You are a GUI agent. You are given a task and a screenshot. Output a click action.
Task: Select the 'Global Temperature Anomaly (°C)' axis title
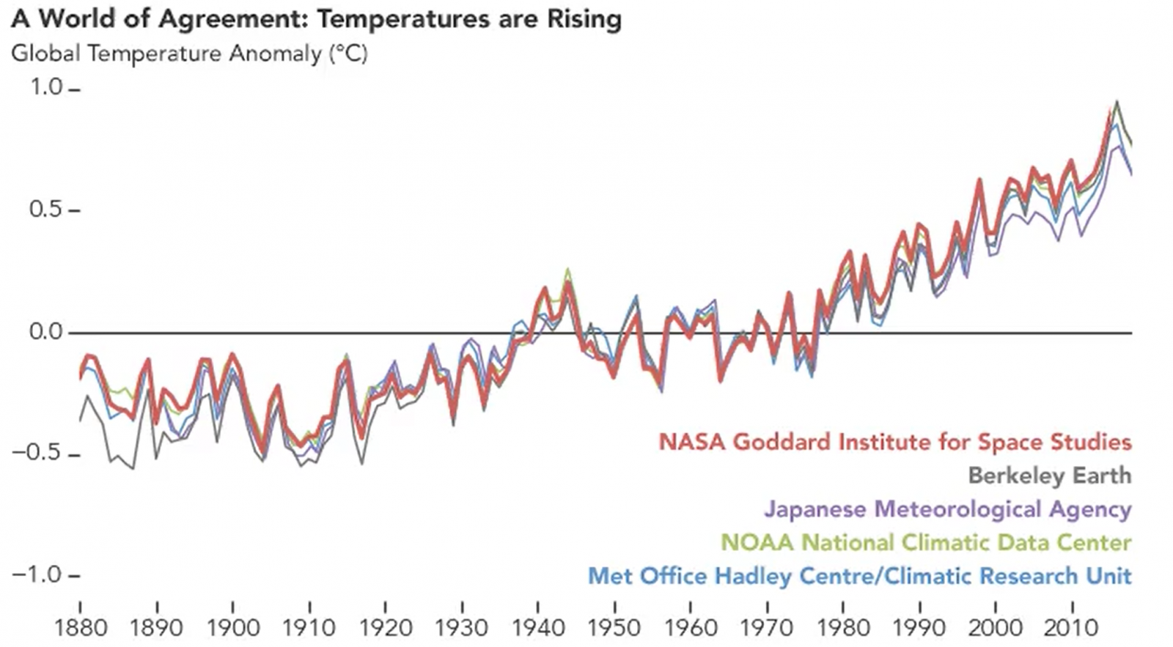(189, 53)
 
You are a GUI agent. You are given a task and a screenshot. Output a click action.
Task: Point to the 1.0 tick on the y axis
(47, 88)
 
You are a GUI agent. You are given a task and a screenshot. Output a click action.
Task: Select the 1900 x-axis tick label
(232, 627)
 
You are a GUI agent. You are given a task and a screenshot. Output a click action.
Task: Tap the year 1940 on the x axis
(538, 627)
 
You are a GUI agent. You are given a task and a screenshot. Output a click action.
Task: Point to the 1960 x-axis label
(691, 627)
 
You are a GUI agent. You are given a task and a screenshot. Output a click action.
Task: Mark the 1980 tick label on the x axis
(843, 627)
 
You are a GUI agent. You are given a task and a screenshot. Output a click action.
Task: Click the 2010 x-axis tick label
(1073, 627)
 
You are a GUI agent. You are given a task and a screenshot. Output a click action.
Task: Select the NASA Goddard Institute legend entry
(894, 442)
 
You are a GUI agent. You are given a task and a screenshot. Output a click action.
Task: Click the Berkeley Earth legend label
(1049, 475)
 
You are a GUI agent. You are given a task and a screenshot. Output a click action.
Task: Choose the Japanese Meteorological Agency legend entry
(947, 509)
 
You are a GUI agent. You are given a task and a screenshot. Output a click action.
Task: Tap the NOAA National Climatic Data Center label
(926, 542)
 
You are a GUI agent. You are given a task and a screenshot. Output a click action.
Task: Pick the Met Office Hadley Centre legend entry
(859, 576)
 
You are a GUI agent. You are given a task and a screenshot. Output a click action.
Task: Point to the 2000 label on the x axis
(996, 627)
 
